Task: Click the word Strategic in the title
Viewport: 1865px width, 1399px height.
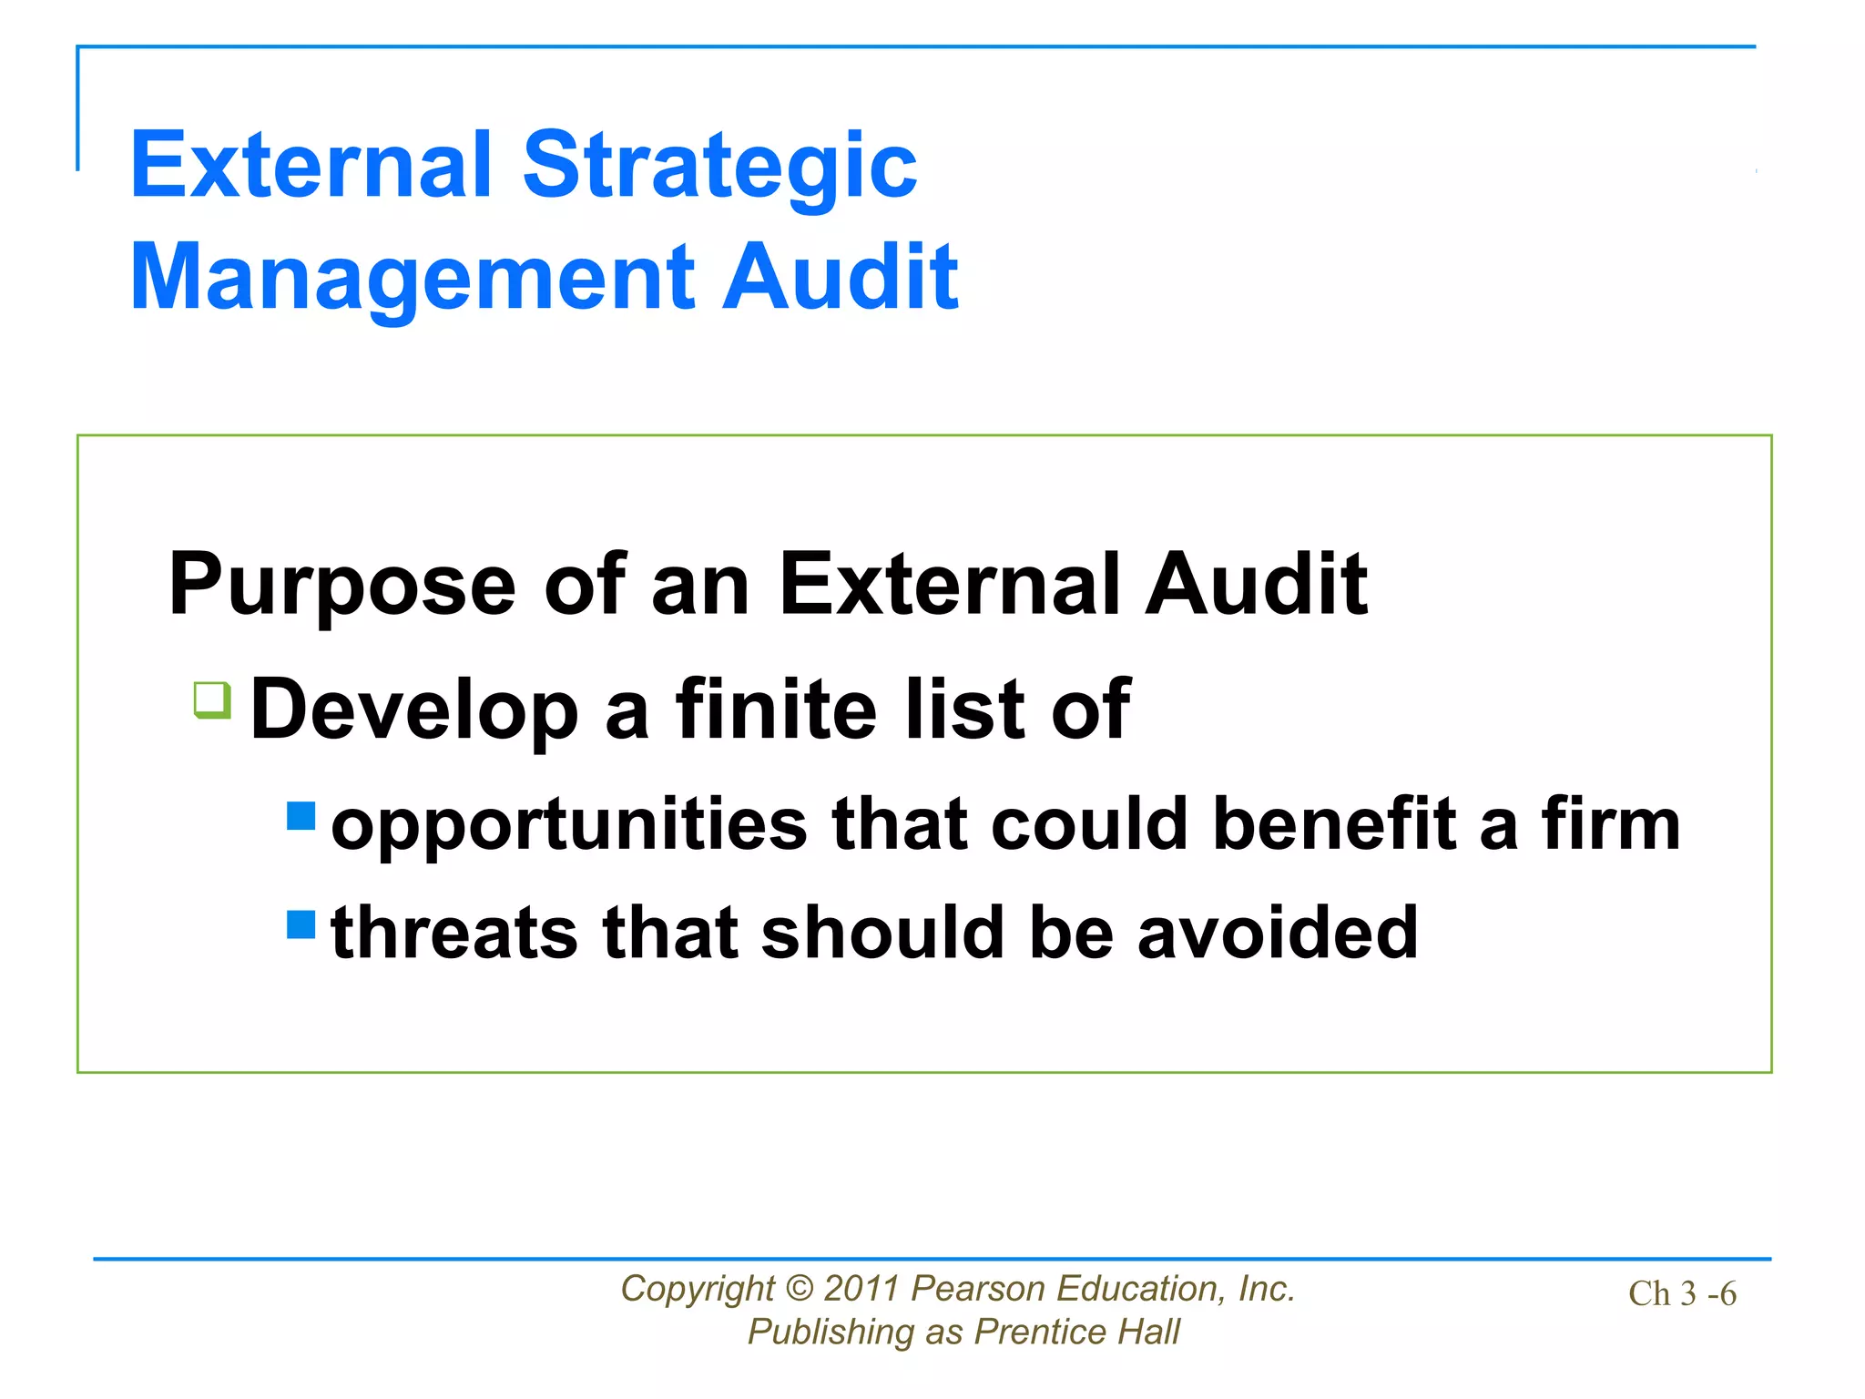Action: point(719,167)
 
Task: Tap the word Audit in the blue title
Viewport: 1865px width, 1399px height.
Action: point(840,278)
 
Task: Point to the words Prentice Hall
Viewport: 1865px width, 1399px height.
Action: point(1076,1333)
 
